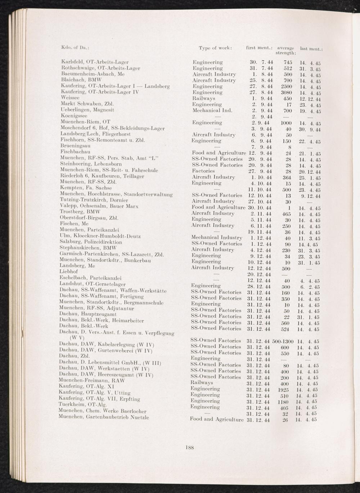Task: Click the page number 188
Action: click(x=190, y=448)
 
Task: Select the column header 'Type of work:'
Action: click(x=215, y=48)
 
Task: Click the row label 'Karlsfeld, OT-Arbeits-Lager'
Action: click(x=95, y=62)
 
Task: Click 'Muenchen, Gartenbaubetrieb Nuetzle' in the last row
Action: click(x=104, y=417)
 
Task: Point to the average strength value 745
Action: click(x=287, y=62)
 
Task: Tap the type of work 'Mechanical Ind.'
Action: click(x=212, y=111)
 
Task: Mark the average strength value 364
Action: click(x=287, y=177)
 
